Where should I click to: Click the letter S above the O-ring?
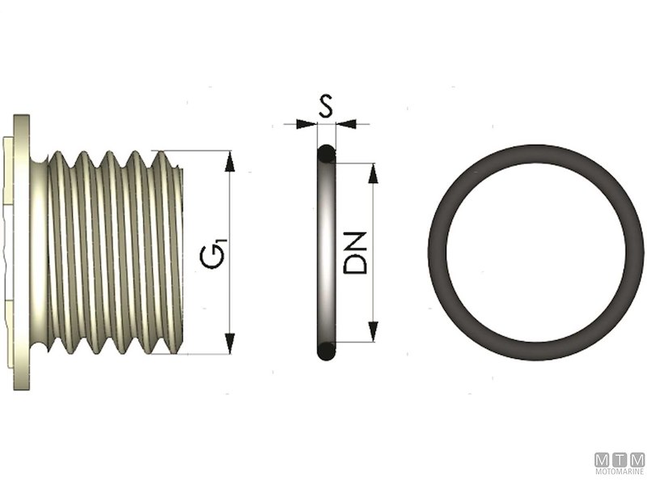coord(325,106)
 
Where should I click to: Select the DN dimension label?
coord(356,253)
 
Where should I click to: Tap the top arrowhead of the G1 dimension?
coord(230,160)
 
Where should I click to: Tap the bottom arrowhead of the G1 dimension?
coord(230,343)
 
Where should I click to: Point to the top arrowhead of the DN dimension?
coord(373,173)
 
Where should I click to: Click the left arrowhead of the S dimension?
coord(307,124)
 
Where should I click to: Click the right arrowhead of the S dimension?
coord(345,124)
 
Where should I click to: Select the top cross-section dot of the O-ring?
coord(325,153)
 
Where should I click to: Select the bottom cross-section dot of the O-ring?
coord(325,352)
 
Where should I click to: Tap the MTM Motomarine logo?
coord(620,463)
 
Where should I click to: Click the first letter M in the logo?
coord(602,459)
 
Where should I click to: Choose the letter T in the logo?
coord(620,459)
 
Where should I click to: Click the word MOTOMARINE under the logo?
coord(620,472)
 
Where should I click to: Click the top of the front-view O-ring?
coord(535,151)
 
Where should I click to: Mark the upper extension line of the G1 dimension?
coord(194,151)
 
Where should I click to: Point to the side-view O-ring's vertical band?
coord(325,253)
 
